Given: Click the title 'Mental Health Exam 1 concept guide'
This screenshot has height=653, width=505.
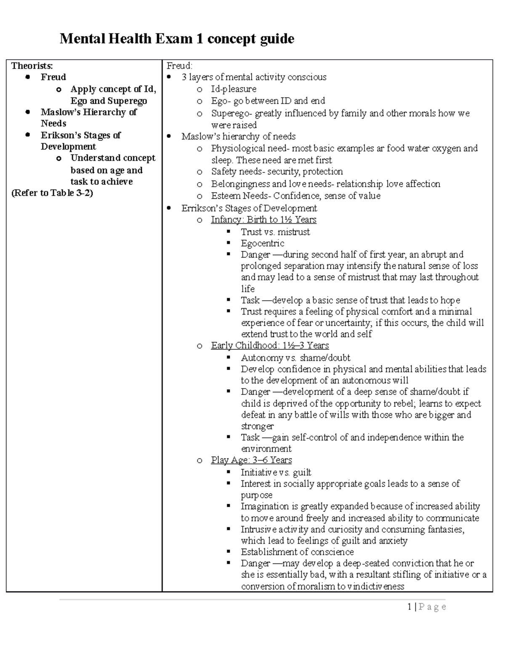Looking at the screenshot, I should tap(177, 39).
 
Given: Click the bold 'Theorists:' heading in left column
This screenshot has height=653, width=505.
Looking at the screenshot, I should tap(32, 66).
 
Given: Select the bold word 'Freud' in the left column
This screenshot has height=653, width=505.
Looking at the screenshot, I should tap(53, 77).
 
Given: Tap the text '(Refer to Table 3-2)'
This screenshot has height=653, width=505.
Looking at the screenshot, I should tap(52, 193).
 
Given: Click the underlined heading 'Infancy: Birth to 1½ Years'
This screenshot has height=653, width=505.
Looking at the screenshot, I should tap(263, 220).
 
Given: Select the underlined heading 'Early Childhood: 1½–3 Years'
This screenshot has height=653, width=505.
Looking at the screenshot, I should tap(270, 346).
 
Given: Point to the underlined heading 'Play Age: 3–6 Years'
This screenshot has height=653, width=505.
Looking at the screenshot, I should tap(251, 460).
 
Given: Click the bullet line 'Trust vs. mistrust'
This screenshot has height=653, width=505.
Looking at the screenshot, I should tap(275, 232).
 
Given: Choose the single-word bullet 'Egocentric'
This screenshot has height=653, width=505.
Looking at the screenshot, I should tap(262, 243).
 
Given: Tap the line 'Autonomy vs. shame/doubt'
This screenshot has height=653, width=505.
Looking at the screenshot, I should tap(295, 358).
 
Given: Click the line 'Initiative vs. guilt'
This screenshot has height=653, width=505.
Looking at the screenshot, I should tap(276, 472).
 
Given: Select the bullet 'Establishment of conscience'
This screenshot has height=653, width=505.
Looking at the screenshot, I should tap(297, 552).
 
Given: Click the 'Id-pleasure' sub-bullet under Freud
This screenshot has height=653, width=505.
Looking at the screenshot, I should tap(234, 89).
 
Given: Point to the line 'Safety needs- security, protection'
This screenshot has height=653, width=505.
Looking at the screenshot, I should tap(277, 172).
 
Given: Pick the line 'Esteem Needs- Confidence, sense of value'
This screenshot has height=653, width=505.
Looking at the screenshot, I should tap(295, 196).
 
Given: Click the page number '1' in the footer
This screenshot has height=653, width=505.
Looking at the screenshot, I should tap(409, 607).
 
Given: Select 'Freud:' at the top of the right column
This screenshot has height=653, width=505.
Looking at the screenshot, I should tap(179, 66).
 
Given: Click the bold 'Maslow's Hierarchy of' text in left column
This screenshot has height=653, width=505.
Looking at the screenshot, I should tap(88, 112).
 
